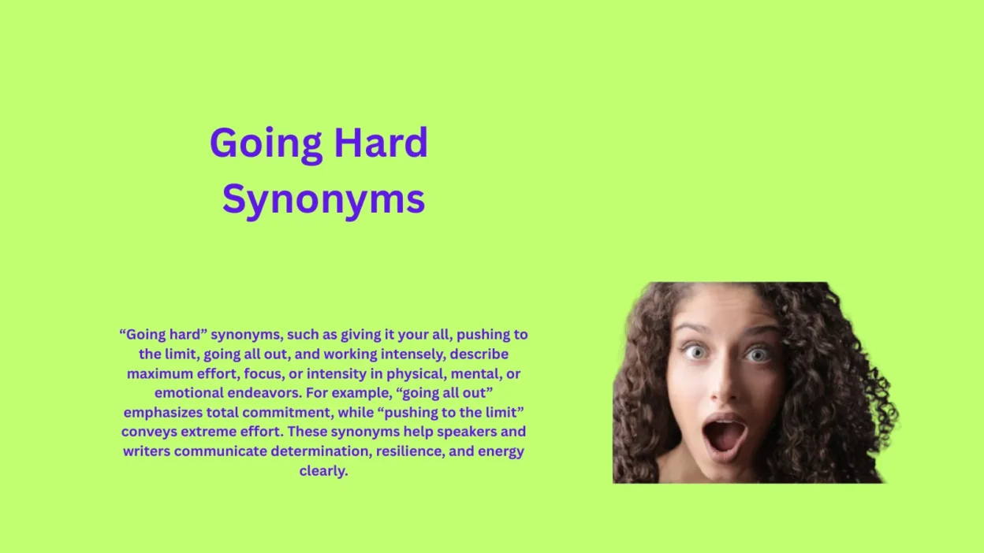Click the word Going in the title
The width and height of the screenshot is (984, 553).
tap(266, 144)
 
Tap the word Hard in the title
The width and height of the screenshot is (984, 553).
tap(381, 143)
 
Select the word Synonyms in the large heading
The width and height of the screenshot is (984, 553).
tap(323, 200)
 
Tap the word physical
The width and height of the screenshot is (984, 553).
tap(416, 373)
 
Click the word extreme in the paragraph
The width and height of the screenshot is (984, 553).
tap(208, 432)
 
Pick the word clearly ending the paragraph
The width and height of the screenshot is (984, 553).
tap(323, 471)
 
